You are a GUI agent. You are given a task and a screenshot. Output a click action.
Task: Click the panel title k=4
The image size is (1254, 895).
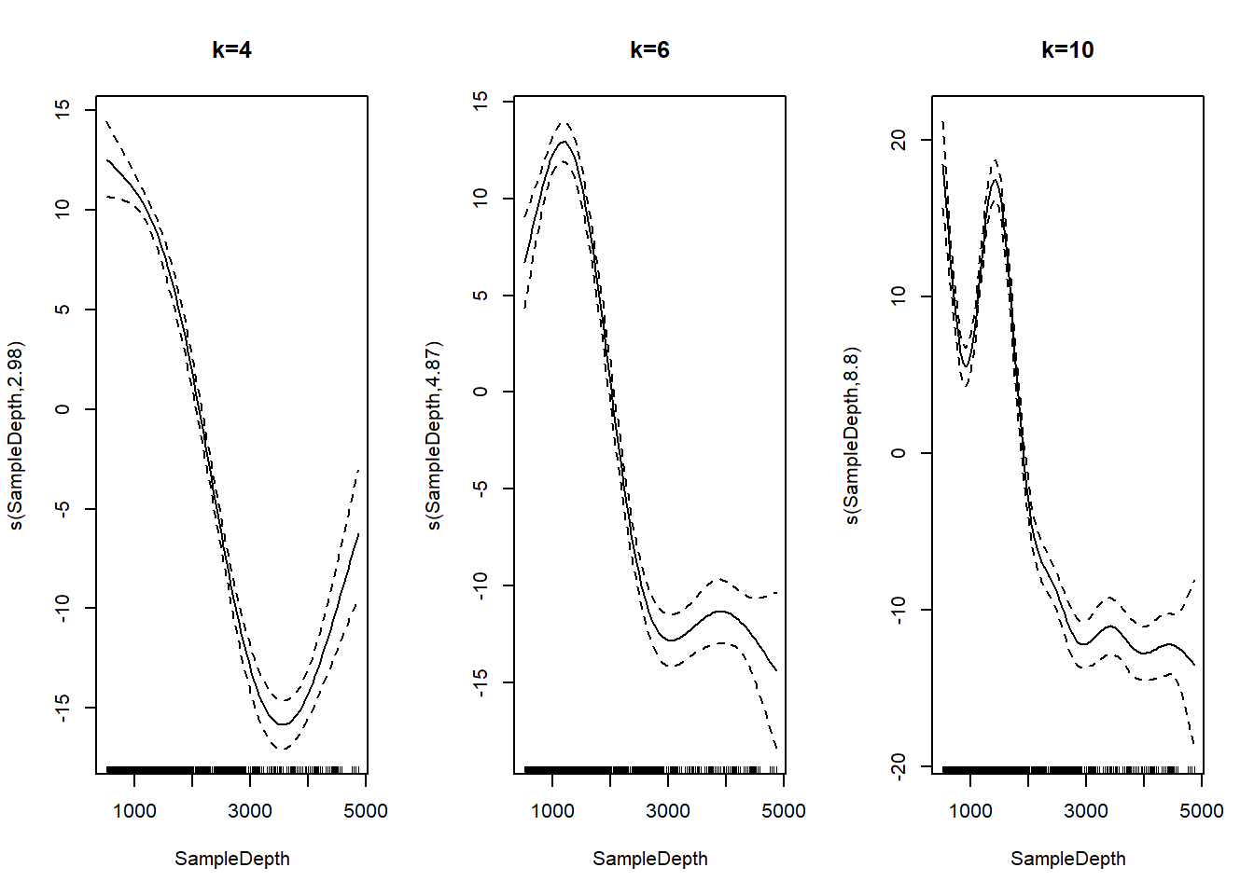click(231, 50)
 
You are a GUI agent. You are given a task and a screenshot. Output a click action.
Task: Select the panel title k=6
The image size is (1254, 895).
click(649, 50)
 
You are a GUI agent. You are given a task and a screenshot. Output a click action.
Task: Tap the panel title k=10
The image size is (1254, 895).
click(1067, 50)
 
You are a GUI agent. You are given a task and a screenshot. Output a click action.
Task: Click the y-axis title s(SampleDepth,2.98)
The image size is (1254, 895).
click(16, 435)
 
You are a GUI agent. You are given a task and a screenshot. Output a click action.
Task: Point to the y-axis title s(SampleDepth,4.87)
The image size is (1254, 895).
click(434, 435)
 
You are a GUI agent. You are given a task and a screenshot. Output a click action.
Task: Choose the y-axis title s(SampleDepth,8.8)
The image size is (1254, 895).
click(852, 435)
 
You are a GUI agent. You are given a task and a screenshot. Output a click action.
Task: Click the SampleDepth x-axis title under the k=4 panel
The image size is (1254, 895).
click(231, 859)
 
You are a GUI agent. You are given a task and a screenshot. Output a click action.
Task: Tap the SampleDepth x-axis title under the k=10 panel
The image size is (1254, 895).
click(1067, 859)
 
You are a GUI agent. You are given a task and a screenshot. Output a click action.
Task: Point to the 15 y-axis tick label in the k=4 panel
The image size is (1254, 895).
click(63, 109)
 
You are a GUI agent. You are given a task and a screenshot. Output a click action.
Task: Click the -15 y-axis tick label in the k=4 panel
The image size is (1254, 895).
click(63, 708)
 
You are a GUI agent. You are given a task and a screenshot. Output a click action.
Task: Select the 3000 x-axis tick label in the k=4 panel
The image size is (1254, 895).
click(250, 811)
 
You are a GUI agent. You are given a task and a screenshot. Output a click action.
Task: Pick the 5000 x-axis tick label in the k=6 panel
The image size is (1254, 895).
click(783, 811)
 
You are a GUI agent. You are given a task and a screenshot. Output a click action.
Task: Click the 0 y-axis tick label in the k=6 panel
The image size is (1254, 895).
click(481, 392)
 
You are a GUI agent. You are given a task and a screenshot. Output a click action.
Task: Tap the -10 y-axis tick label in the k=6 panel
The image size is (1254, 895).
click(481, 585)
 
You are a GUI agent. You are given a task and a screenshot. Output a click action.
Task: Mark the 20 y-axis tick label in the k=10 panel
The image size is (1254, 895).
click(899, 140)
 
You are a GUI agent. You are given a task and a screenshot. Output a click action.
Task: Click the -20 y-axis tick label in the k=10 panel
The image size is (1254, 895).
click(899, 766)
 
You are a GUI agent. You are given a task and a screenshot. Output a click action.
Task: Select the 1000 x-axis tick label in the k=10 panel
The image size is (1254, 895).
click(970, 811)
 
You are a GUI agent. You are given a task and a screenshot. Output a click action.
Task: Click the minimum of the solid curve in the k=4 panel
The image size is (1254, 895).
click(282, 724)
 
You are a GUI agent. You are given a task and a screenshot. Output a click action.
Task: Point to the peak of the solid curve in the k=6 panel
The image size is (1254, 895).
click(564, 142)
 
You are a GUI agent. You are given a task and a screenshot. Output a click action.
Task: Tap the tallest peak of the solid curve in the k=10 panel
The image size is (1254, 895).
click(995, 180)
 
